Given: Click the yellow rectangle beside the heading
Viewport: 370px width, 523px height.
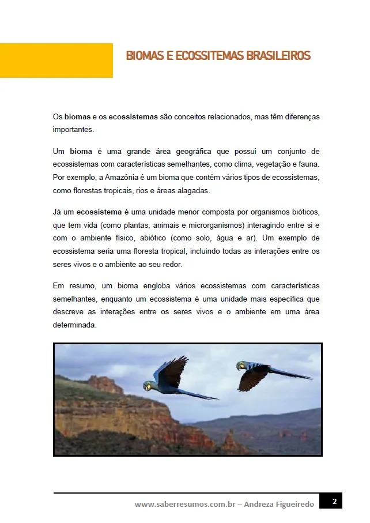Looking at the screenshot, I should (x=56, y=60).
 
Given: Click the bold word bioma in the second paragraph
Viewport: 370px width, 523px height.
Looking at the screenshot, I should (x=81, y=152).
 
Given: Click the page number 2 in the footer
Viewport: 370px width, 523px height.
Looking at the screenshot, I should (x=334, y=502).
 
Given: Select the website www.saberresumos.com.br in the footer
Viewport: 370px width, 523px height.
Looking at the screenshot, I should (x=185, y=504).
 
